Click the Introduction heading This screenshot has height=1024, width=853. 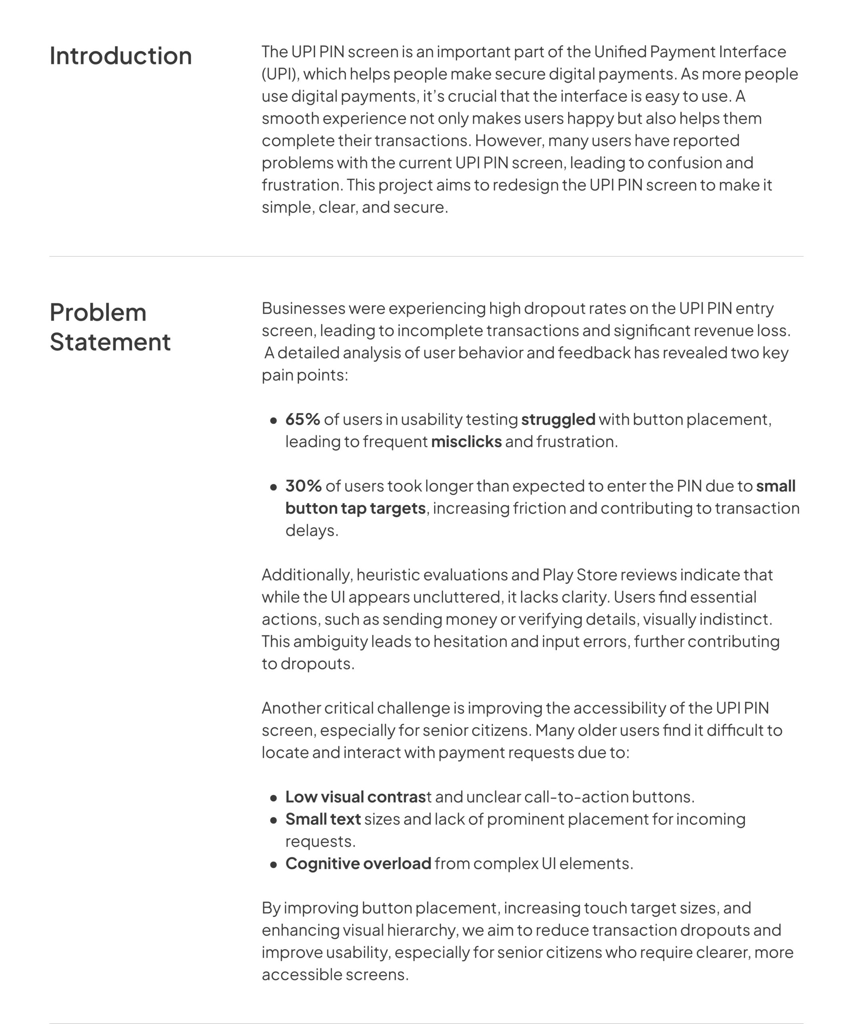pyautogui.click(x=120, y=56)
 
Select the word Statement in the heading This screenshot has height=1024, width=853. pyautogui.click(x=110, y=342)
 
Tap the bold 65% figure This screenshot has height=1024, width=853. pyautogui.click(x=302, y=419)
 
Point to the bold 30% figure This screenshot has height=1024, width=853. pyautogui.click(x=303, y=486)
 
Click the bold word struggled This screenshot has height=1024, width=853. pyautogui.click(x=558, y=419)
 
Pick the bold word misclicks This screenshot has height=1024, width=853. pyautogui.click(x=466, y=442)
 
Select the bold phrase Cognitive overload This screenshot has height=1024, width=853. pyautogui.click(x=358, y=864)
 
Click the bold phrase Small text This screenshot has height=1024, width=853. pyautogui.click(x=323, y=819)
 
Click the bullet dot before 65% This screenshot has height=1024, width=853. pyautogui.click(x=274, y=420)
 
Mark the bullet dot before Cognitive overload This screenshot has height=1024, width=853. pyautogui.click(x=274, y=864)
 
